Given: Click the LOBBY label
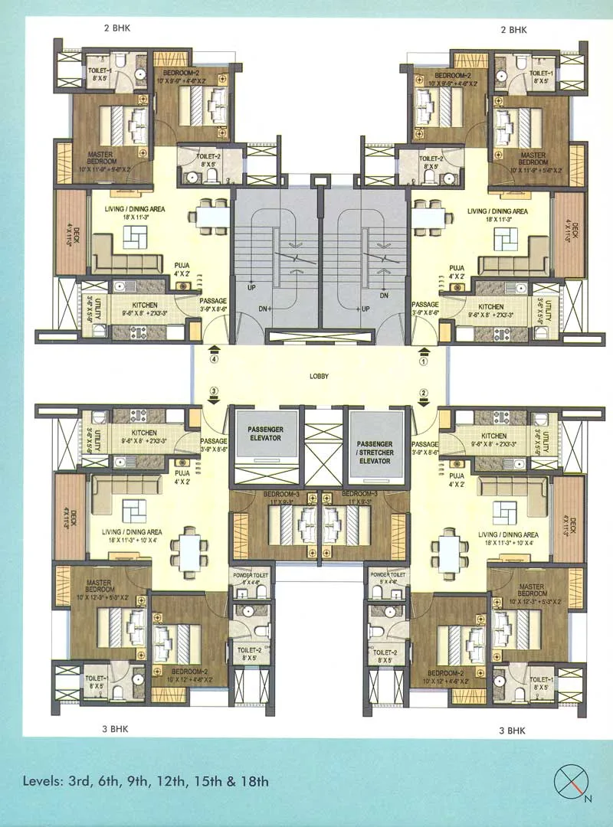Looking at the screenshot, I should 320,376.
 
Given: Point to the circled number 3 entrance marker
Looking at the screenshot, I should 215,391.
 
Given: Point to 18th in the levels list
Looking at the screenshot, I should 254,782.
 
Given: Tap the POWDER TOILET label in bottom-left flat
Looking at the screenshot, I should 249,574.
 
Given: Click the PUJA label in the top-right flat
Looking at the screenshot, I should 457,270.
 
